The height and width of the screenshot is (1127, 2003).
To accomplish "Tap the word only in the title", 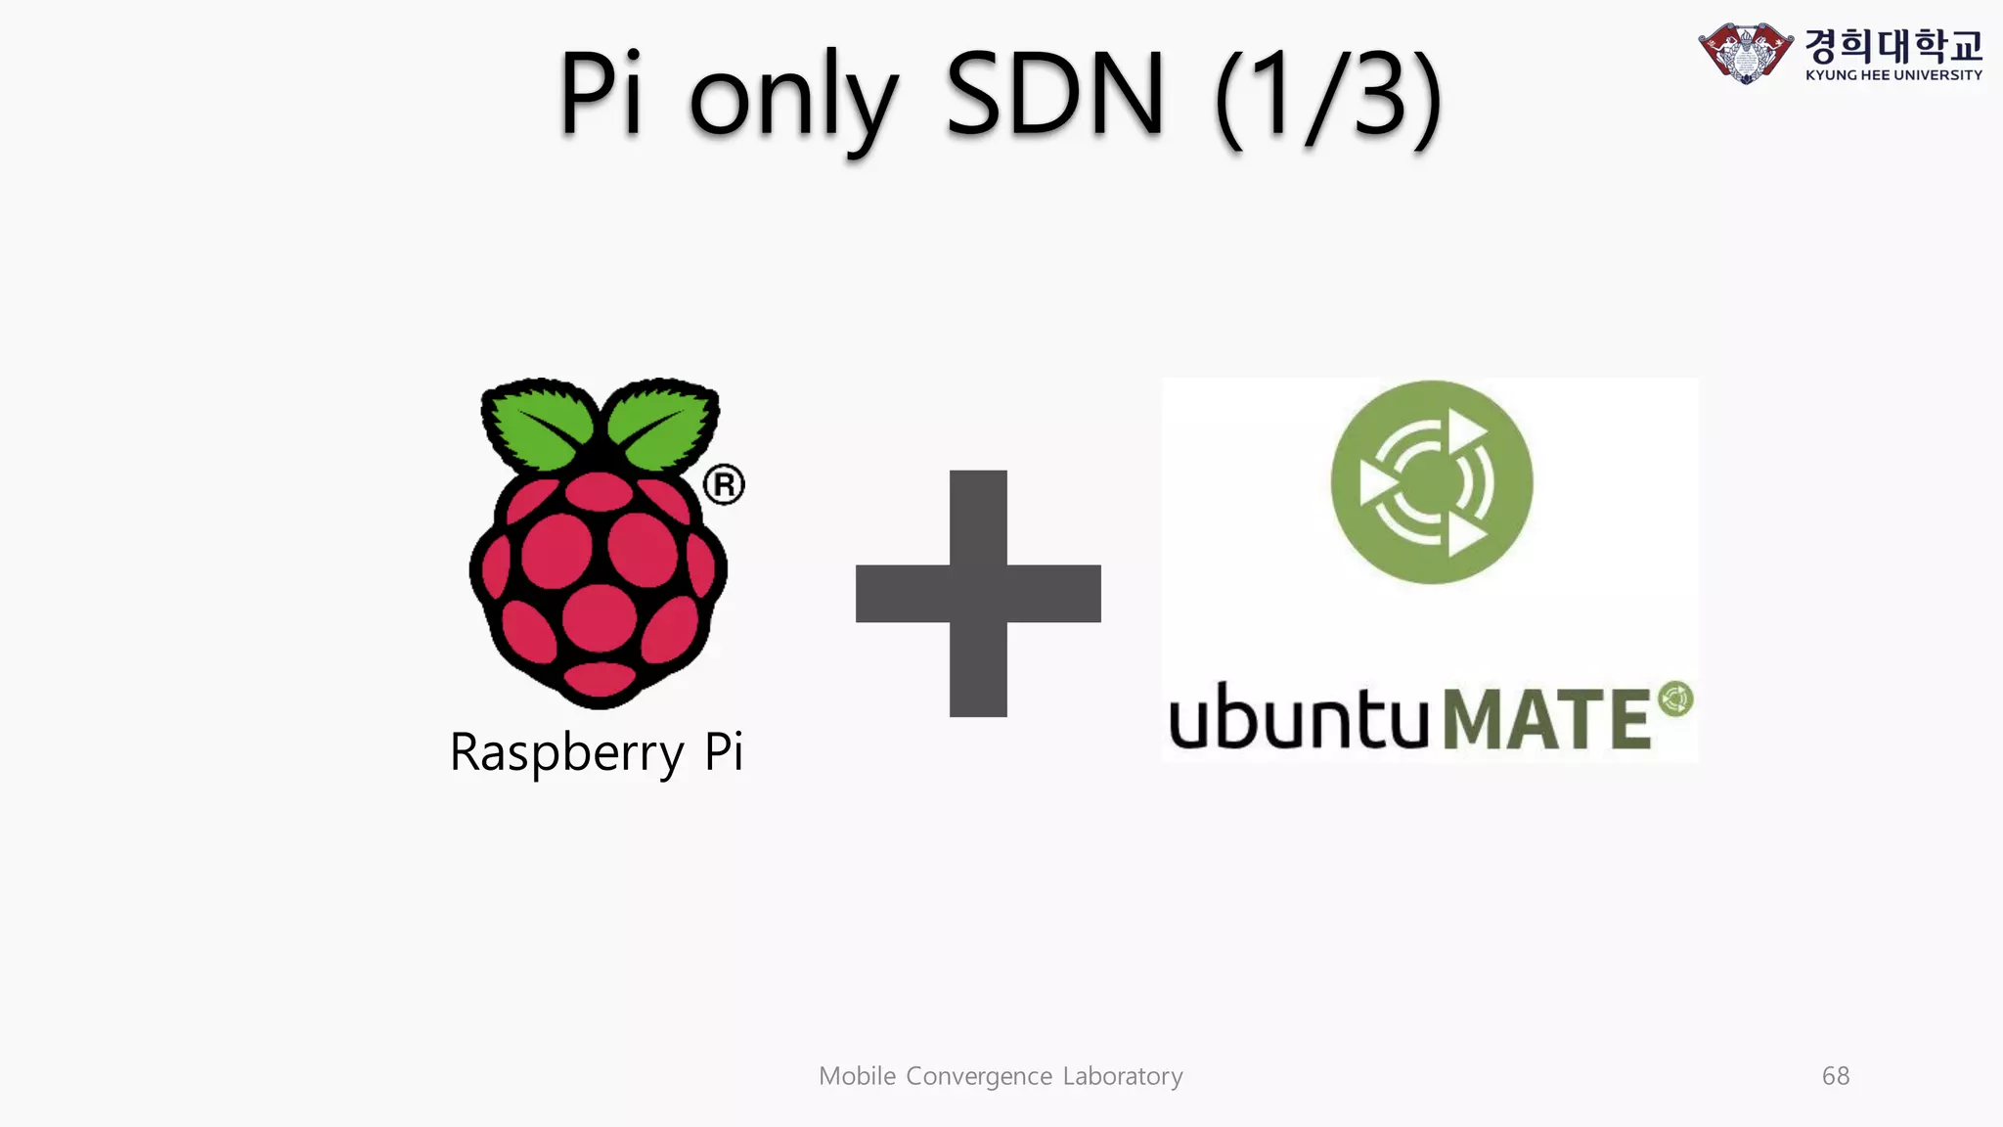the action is pyautogui.click(x=792, y=98).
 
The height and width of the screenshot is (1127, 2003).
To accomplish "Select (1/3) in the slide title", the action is pyautogui.click(x=1328, y=96).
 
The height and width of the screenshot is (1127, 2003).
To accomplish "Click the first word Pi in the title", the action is pyautogui.click(x=601, y=94).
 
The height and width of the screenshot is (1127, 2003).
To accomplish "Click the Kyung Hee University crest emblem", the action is pyautogui.click(x=1745, y=52).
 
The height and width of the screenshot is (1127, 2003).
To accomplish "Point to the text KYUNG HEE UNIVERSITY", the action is pyautogui.click(x=1893, y=74).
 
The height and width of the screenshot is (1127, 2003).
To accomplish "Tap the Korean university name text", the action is pyautogui.click(x=1893, y=43).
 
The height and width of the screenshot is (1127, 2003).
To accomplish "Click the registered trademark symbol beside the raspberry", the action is pyautogui.click(x=724, y=484).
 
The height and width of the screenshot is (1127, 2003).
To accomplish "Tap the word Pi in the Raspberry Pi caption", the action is pyautogui.click(x=724, y=751).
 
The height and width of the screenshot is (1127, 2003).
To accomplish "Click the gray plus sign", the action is pyautogui.click(x=978, y=593).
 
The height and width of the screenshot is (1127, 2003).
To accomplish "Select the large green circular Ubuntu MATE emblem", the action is pyautogui.click(x=1431, y=482).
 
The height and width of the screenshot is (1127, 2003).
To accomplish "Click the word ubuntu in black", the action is pyautogui.click(x=1298, y=716).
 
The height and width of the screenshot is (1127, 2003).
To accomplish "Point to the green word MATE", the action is pyautogui.click(x=1547, y=719).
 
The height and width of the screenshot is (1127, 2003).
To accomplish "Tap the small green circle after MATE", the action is pyautogui.click(x=1676, y=699).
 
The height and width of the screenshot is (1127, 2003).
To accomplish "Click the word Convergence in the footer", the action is pyautogui.click(x=979, y=1076).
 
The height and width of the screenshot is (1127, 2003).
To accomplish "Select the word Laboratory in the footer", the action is pyautogui.click(x=1123, y=1076).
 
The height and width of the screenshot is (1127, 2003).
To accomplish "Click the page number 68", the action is pyautogui.click(x=1836, y=1076).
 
